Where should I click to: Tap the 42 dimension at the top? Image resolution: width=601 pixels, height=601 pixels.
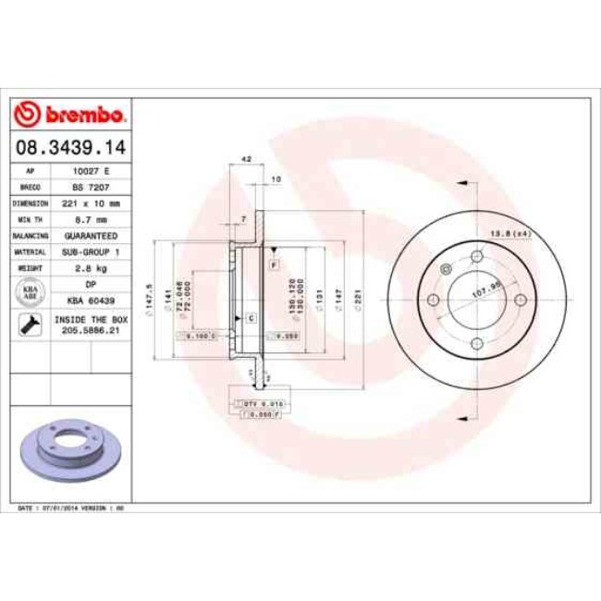245,160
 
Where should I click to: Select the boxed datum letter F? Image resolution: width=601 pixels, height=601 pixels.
275,265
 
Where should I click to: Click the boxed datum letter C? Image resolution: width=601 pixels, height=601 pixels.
251,317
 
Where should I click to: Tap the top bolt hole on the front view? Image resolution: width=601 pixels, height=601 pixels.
446,269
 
